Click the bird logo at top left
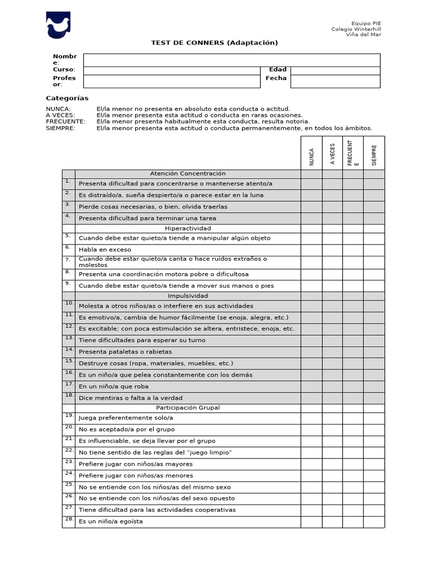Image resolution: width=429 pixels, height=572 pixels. (59, 26)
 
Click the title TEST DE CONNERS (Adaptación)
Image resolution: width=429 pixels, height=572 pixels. (214, 43)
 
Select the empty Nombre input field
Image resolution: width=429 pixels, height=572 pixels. (231, 60)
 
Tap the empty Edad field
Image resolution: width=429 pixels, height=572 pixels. (335, 70)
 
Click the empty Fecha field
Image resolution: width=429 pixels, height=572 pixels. (335, 82)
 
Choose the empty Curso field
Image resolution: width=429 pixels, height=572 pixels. (171, 70)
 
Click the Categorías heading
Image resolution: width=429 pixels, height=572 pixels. (67, 98)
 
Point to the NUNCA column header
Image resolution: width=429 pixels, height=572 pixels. (312, 156)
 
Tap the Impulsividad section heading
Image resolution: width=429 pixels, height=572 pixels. (188, 296)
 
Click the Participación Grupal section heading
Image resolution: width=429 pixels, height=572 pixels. (188, 408)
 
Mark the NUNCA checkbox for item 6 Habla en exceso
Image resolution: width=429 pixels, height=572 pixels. (312, 250)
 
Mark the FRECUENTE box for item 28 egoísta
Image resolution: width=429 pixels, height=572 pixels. (353, 522)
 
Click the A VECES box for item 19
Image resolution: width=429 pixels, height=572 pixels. (332, 418)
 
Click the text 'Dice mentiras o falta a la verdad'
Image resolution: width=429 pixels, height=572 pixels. (131, 398)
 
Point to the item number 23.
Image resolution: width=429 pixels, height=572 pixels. (69, 462)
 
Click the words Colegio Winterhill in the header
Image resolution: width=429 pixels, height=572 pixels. (356, 29)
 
